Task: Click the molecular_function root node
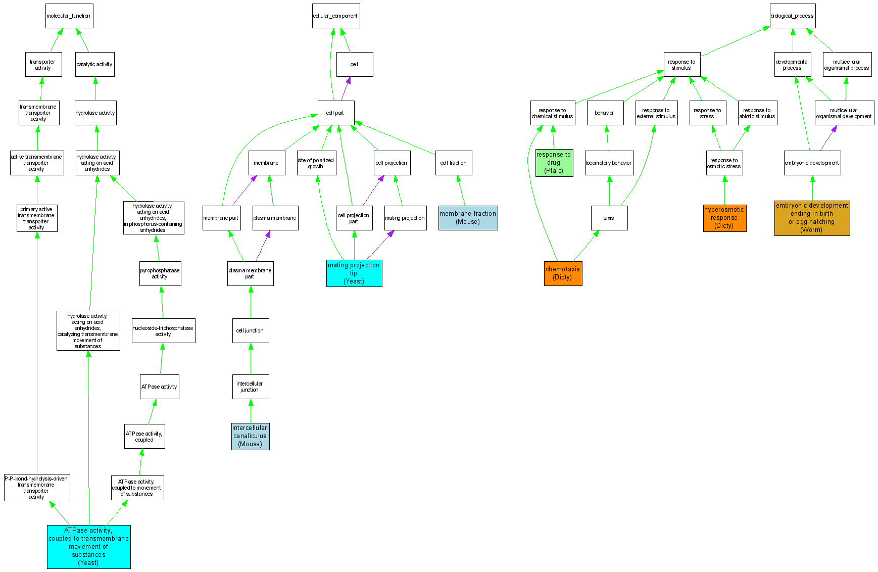(x=69, y=16)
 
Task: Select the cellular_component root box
(x=335, y=16)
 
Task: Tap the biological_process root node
(x=792, y=16)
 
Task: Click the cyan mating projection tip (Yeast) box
(x=354, y=273)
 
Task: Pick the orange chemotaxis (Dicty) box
(x=563, y=273)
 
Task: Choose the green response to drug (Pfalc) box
(x=554, y=163)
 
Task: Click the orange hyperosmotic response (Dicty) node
(x=724, y=218)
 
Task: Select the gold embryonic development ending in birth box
(x=812, y=218)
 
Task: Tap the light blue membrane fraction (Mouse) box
(x=468, y=218)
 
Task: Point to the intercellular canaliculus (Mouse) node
(x=250, y=436)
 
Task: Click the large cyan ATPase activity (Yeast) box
(x=88, y=547)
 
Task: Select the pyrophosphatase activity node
(x=160, y=273)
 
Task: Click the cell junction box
(x=250, y=330)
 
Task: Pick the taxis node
(x=609, y=218)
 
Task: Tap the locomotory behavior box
(x=609, y=163)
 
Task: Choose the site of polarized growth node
(x=316, y=163)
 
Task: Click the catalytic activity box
(x=94, y=64)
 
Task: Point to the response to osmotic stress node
(x=724, y=163)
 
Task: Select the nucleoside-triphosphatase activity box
(x=163, y=330)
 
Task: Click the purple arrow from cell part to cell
(x=345, y=89)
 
